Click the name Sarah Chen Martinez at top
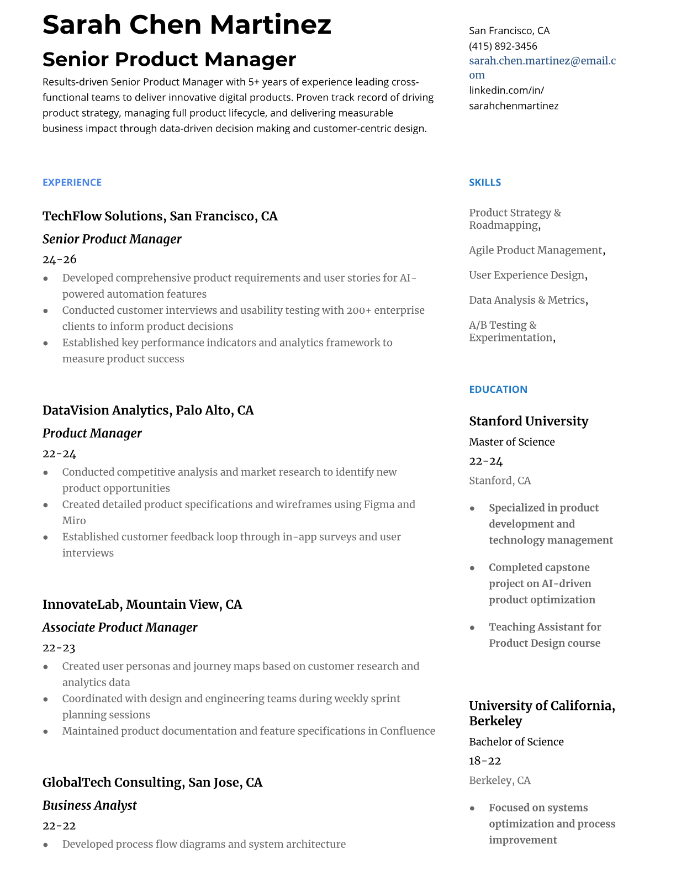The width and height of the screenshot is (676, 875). pos(187,25)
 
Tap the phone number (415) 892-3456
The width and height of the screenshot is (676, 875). pos(503,46)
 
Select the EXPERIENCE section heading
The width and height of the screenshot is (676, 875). pos(72,182)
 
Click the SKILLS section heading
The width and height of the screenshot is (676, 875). pos(484,182)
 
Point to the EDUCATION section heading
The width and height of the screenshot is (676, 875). pos(498,389)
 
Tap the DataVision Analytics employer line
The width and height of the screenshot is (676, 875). pos(148,410)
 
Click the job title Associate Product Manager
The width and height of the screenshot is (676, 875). pos(120,628)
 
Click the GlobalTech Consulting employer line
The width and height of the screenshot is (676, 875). pos(152,783)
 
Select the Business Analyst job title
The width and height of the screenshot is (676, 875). pos(89,805)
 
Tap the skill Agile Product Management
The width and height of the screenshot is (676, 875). pos(535,250)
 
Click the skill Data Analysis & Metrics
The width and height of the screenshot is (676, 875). pos(527,300)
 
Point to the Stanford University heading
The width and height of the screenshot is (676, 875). pos(528,421)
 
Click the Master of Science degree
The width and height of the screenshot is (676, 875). pos(511,442)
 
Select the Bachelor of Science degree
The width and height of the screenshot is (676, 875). pos(516,742)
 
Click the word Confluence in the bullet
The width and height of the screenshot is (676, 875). pos(407,731)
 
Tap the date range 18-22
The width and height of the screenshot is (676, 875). pos(484,761)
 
